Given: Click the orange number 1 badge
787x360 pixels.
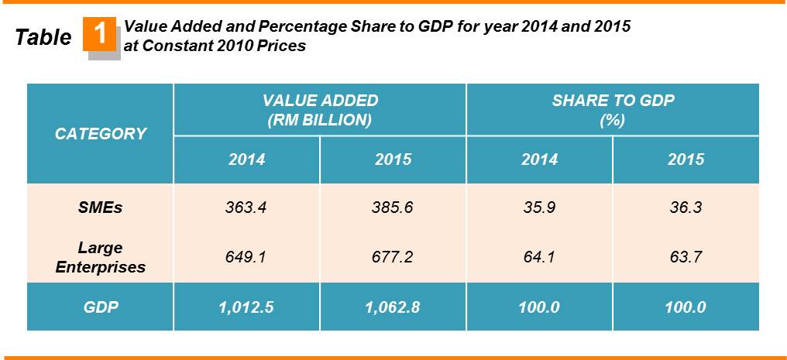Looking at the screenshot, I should (x=101, y=36).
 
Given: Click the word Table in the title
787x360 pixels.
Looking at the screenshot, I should (x=43, y=37).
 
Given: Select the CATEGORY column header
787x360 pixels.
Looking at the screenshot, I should (x=101, y=133).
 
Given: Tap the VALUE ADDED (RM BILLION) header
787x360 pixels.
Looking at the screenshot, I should (x=320, y=110).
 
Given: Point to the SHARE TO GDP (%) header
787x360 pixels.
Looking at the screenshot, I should (x=612, y=110).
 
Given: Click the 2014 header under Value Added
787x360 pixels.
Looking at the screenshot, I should (x=246, y=159).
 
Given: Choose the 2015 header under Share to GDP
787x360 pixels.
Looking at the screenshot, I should (x=686, y=159).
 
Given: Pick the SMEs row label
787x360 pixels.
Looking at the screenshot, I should (x=101, y=207).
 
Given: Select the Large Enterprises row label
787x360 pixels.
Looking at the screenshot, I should (x=101, y=258).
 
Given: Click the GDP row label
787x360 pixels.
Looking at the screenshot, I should (x=101, y=307).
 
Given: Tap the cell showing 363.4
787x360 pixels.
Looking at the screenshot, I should (x=246, y=207).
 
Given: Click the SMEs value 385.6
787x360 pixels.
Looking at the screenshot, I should (x=393, y=207).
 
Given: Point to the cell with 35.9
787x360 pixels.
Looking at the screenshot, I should (x=539, y=207).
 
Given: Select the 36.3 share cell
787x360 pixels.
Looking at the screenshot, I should (x=686, y=207).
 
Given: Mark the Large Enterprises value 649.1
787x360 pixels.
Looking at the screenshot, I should (x=246, y=257).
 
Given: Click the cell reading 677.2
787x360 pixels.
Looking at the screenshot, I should (x=393, y=257).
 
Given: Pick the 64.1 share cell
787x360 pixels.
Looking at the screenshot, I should (x=539, y=257).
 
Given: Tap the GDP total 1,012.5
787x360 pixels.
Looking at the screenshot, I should (x=246, y=307).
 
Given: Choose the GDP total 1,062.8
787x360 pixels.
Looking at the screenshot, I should (x=393, y=307).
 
